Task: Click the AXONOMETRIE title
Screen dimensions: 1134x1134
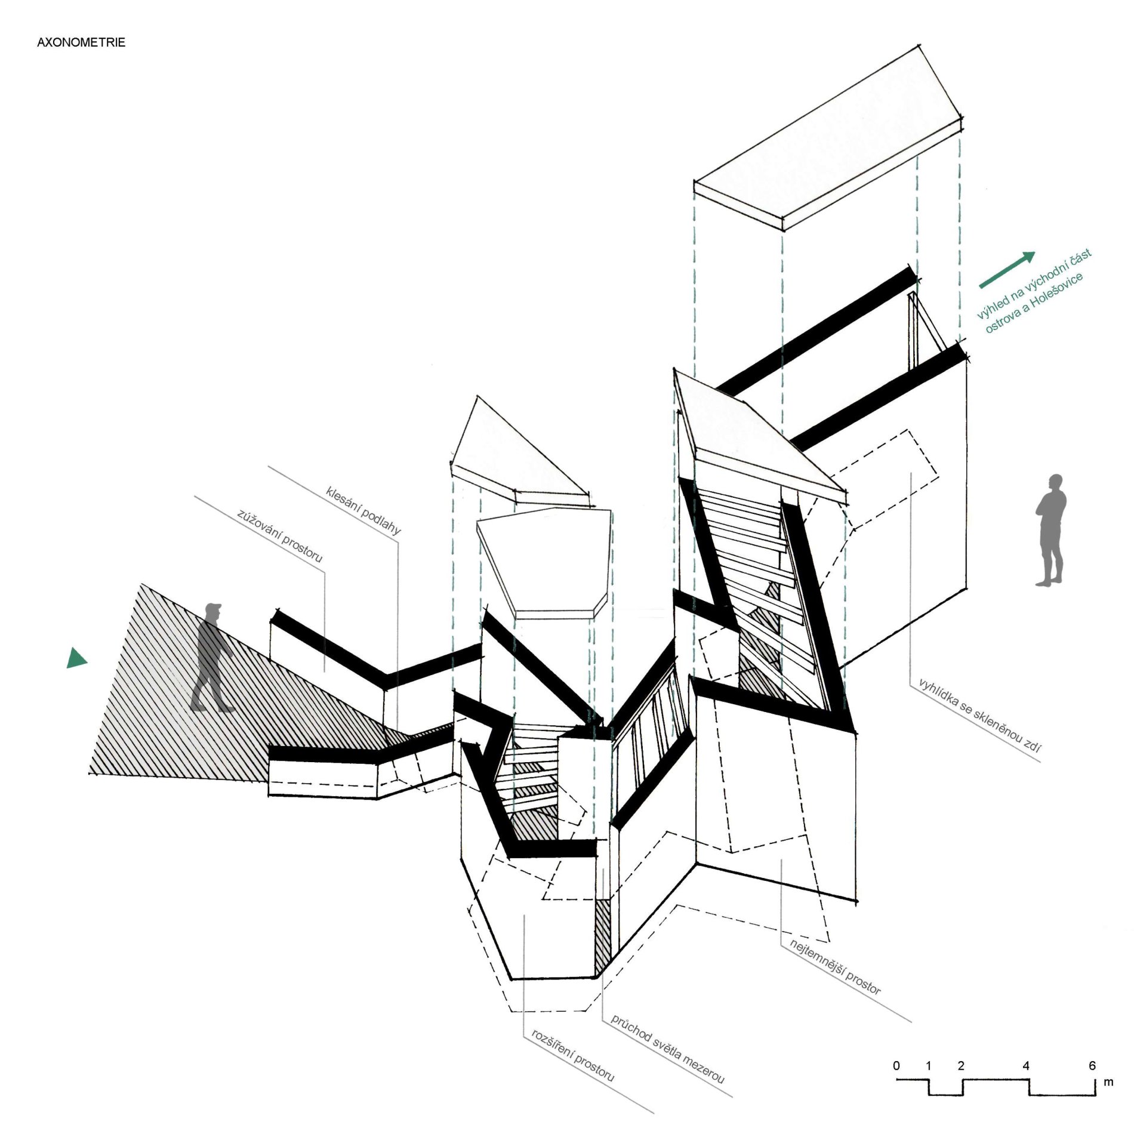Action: pyautogui.click(x=81, y=42)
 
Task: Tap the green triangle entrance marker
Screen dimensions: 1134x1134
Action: pyautogui.click(x=76, y=658)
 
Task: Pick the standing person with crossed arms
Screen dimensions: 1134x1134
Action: pyautogui.click(x=1051, y=530)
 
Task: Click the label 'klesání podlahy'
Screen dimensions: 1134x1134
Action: pyautogui.click(x=363, y=510)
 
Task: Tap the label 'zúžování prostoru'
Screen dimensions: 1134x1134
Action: pyautogui.click(x=279, y=535)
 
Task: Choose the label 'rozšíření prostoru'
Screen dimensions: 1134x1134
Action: pyautogui.click(x=572, y=1055)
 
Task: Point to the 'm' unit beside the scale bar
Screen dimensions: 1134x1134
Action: pyautogui.click(x=1108, y=1082)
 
